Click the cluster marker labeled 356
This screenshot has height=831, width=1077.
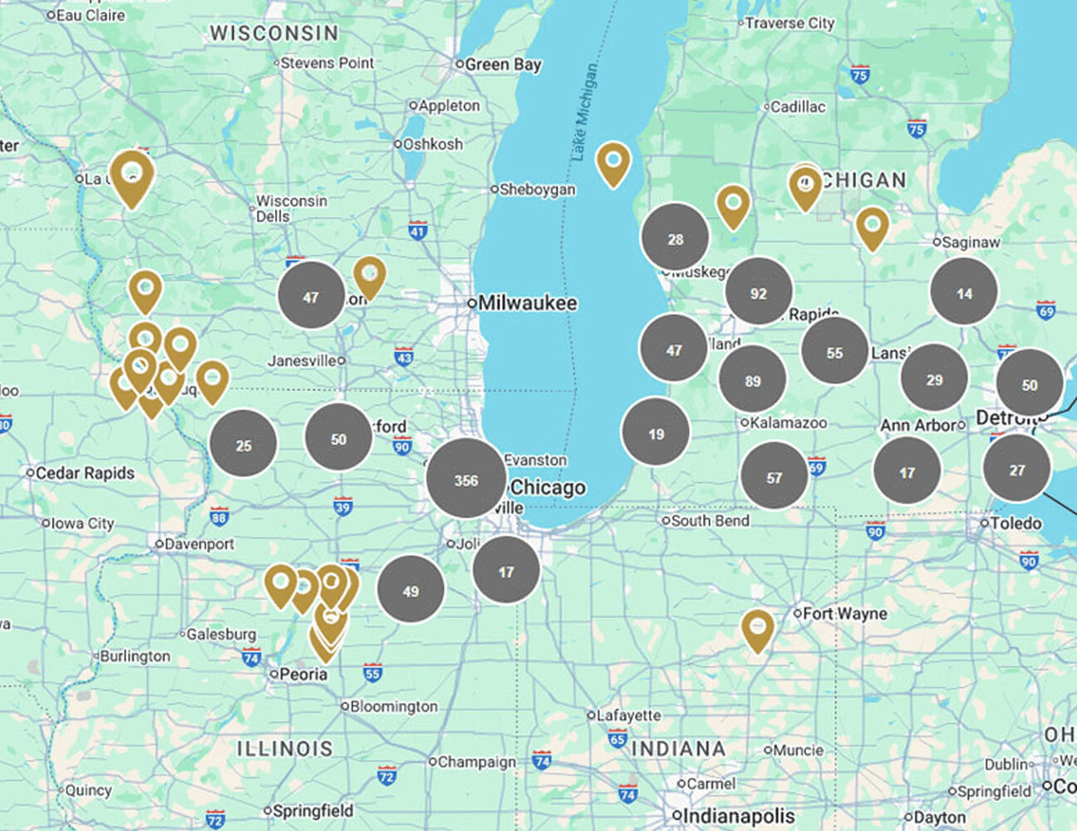[x=466, y=479]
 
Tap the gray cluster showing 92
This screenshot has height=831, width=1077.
[x=758, y=293]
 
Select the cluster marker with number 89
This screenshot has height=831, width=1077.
[x=752, y=381]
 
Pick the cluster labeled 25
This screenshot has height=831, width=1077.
[x=243, y=445]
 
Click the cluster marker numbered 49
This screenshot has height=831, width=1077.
[x=411, y=591]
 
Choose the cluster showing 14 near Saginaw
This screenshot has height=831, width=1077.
[x=963, y=293]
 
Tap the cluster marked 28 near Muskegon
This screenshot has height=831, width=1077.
[x=675, y=238]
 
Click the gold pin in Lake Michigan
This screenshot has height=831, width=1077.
[x=612, y=162]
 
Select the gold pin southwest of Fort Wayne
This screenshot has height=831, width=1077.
[x=757, y=628]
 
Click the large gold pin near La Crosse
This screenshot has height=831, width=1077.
[x=131, y=176]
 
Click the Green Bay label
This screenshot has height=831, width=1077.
[x=503, y=64]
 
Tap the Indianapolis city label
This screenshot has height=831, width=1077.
[x=738, y=816]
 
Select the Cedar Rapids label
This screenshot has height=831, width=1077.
[x=85, y=473]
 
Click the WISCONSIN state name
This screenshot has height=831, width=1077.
[x=274, y=33]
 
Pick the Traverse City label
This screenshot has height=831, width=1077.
[x=789, y=23]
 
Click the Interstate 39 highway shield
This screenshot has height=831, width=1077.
[x=342, y=506]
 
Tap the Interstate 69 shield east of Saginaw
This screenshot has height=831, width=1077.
[x=1045, y=311]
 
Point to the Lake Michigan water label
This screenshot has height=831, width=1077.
[x=585, y=112]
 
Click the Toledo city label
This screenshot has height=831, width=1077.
[x=1016, y=524]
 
